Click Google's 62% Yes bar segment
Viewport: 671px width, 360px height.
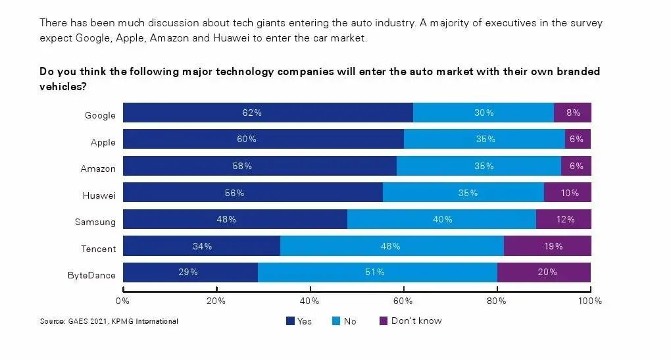click(x=268, y=113)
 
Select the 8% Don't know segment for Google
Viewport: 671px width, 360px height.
click(x=572, y=113)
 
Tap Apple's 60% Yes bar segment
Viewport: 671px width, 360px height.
click(x=263, y=140)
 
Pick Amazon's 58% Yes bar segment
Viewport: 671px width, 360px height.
click(x=260, y=166)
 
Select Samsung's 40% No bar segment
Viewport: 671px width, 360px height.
click(x=441, y=219)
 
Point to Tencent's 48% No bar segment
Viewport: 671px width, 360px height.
click(x=391, y=246)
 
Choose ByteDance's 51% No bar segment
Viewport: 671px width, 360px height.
click(x=377, y=272)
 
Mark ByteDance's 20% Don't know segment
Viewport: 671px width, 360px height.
click(x=543, y=272)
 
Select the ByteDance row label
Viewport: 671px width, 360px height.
click(x=91, y=275)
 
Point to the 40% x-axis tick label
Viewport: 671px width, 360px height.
click(x=309, y=301)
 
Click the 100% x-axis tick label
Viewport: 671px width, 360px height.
click(x=589, y=301)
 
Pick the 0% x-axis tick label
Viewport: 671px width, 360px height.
click(x=122, y=301)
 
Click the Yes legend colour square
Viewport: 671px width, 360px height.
click(x=290, y=321)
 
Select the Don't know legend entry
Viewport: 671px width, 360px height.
click(x=410, y=321)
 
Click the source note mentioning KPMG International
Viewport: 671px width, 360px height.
click(x=109, y=321)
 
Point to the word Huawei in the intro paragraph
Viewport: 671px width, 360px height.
click(x=230, y=38)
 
